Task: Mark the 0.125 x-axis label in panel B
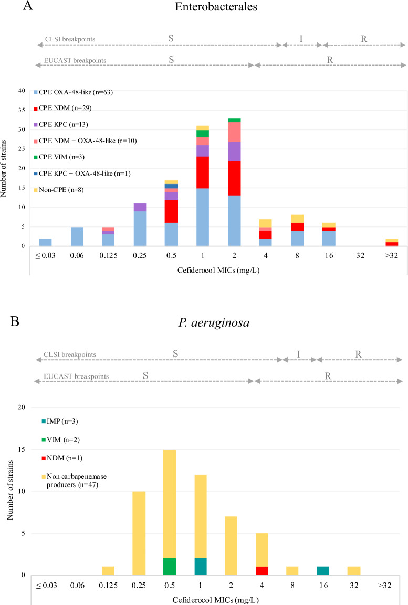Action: point(108,584)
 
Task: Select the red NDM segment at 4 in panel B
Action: point(261,570)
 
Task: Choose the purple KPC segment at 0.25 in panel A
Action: point(139,207)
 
